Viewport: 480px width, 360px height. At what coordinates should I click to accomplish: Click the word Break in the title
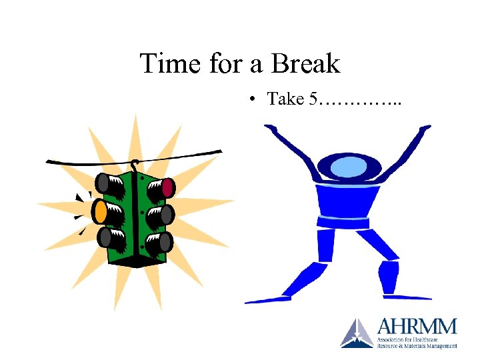305,64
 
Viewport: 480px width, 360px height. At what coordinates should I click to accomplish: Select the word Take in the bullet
286,99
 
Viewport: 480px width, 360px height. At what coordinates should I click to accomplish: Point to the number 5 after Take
313,99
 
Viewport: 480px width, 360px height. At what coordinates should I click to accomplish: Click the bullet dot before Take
253,100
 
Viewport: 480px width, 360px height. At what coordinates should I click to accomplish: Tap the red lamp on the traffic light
168,187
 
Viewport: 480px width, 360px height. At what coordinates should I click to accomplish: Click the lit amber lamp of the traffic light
100,211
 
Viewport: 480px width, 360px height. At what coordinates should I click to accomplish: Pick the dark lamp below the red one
167,214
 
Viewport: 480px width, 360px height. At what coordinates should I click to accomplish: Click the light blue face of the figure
347,165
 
